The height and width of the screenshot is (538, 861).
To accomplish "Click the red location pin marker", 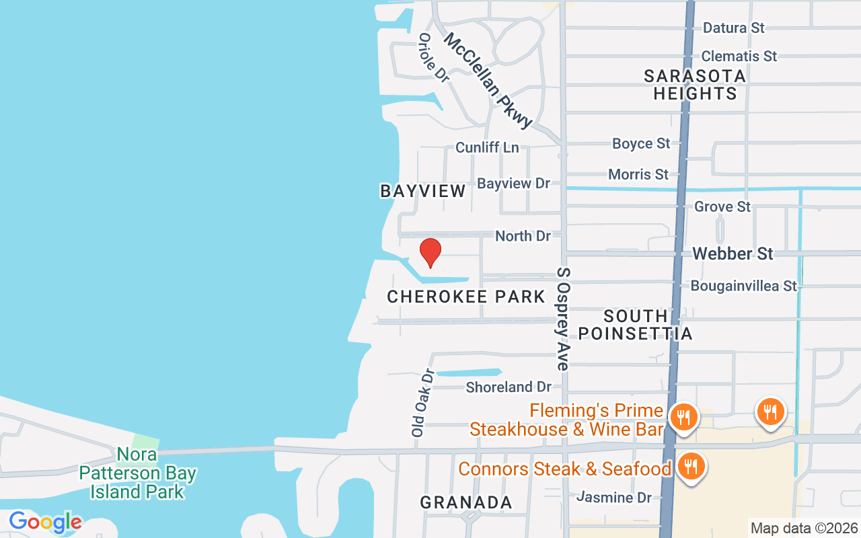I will point(430,253).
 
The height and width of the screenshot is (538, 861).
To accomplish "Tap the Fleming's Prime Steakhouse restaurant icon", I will point(683,416).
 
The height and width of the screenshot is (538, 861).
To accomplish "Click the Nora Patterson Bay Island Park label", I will point(138,473).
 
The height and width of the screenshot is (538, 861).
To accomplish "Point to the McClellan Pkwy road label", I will point(488,80).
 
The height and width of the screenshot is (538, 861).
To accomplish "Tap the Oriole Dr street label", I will point(433,58).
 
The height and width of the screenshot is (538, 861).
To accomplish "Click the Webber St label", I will point(733,254).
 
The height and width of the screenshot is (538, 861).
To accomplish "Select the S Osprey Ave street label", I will point(563,319).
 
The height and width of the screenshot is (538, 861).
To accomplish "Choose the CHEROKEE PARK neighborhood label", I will point(465,297).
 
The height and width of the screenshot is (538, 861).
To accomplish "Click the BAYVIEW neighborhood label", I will point(423,191).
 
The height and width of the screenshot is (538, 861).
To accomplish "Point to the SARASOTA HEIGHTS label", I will point(695,85).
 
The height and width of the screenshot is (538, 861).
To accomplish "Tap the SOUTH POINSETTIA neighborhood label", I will point(635,325).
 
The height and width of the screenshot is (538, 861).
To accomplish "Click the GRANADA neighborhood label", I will point(466,502).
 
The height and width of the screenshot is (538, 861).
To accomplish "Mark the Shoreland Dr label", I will point(509,387).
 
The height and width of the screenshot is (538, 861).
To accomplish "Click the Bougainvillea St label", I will point(743,286).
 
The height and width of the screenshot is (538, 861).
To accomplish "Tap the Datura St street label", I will point(734,28).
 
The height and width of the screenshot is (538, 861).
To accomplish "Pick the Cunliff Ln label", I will point(487,147).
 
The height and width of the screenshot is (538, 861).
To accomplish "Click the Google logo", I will point(45,522).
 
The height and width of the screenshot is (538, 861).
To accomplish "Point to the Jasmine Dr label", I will point(614,498).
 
